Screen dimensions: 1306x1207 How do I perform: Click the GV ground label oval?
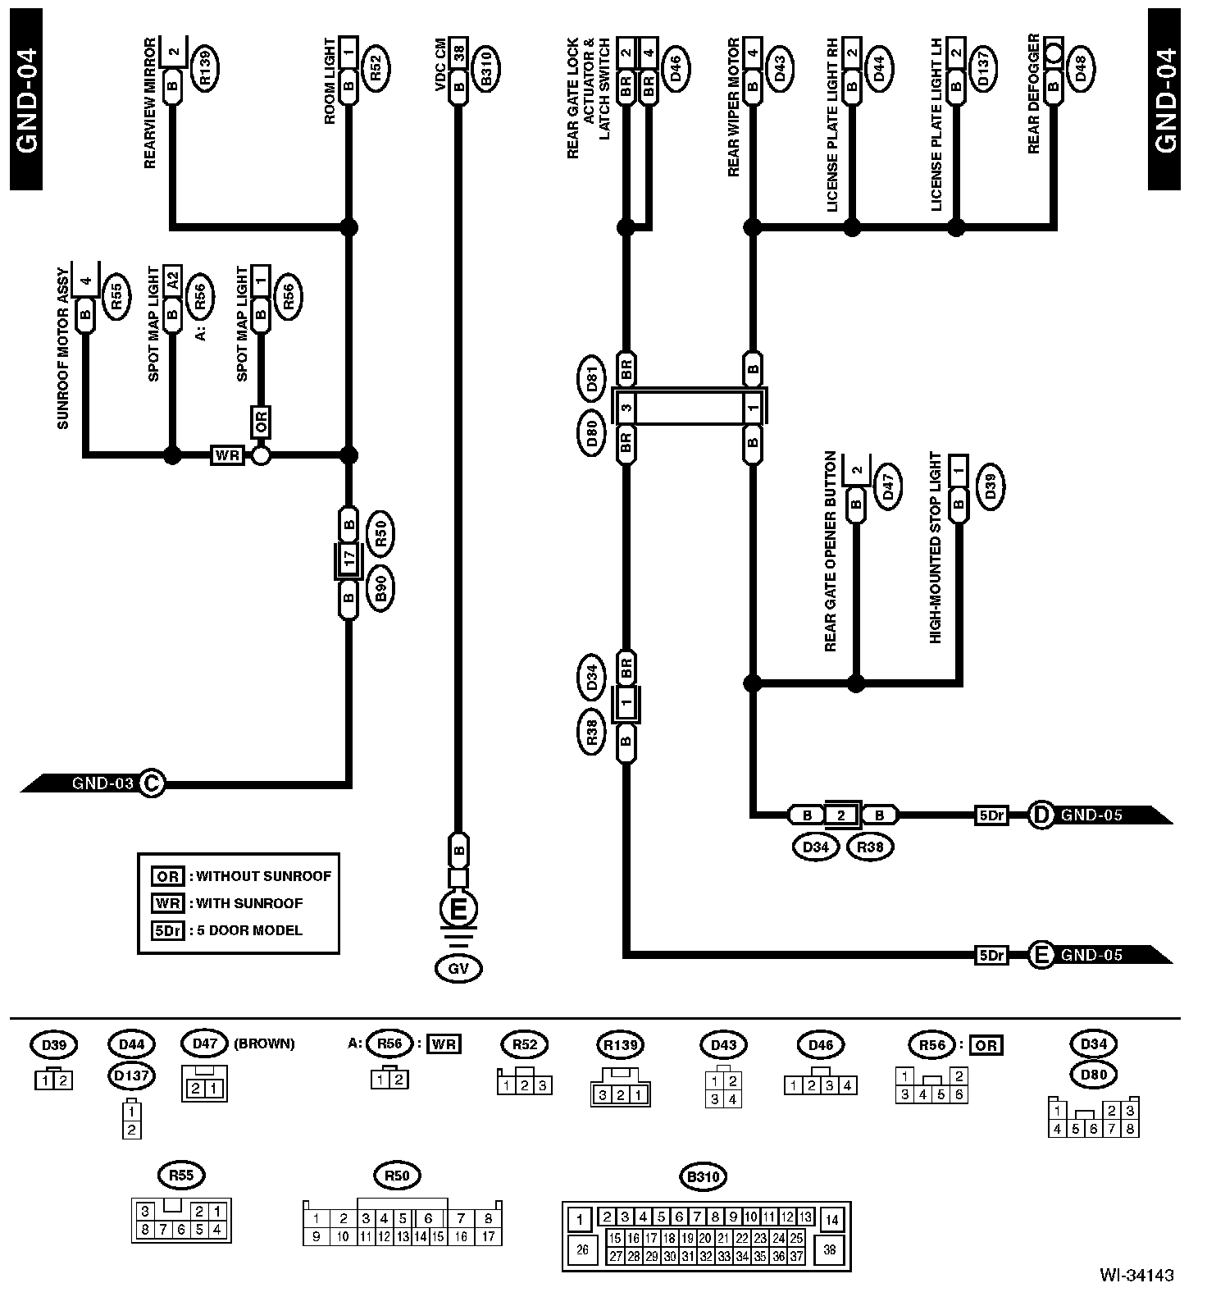(x=458, y=969)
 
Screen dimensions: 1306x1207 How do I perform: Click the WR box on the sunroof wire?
(x=226, y=454)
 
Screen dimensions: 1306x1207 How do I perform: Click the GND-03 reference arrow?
(x=90, y=783)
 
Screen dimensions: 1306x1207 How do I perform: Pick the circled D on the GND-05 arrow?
(x=1041, y=815)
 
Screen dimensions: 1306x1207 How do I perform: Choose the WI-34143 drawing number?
(x=1136, y=1275)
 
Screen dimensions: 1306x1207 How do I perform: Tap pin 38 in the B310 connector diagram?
(x=831, y=1250)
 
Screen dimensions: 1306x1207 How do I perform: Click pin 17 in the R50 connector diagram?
(x=488, y=1236)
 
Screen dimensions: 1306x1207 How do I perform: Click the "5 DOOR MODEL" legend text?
(x=249, y=930)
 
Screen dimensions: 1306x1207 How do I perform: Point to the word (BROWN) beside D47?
(x=264, y=1044)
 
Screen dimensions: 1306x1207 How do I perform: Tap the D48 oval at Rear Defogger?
(x=1080, y=64)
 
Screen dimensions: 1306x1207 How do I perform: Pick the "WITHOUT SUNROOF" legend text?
(x=263, y=876)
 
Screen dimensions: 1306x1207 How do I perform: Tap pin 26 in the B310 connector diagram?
(x=582, y=1250)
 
